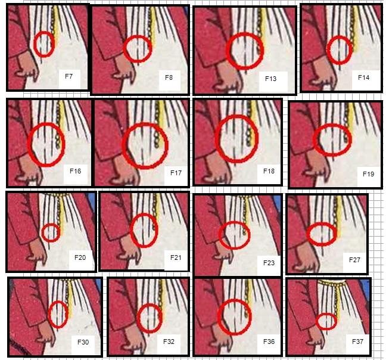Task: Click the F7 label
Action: [x=69, y=76]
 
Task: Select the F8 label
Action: [x=169, y=77]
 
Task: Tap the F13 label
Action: [x=270, y=79]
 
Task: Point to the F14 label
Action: [x=363, y=77]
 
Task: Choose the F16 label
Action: [x=75, y=171]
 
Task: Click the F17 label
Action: [x=176, y=173]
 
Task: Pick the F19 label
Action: [x=369, y=174]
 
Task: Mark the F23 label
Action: [x=269, y=263]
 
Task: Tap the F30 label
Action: [x=83, y=342]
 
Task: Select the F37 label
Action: [x=357, y=342]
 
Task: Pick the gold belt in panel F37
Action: [x=331, y=283]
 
